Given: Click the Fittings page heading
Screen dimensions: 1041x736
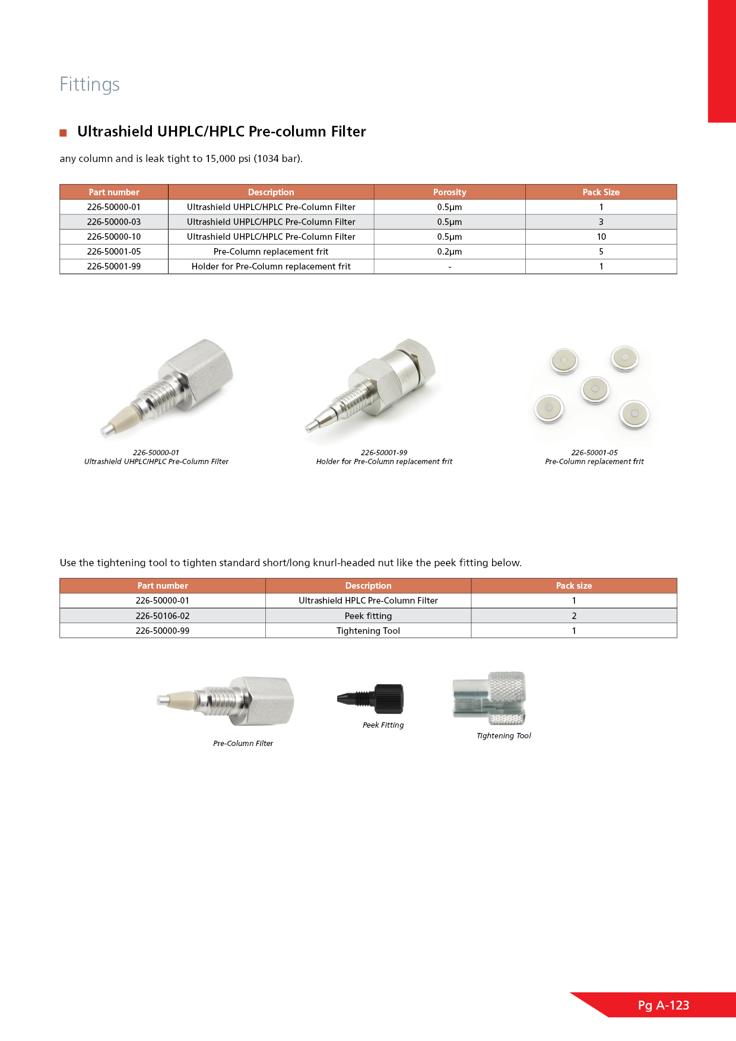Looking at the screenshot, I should pos(90,84).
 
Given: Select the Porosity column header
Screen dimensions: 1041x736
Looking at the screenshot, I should pos(449,192).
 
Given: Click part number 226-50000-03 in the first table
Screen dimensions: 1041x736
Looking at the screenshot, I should pos(114,222).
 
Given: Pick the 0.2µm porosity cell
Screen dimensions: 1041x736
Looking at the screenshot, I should pos(449,252).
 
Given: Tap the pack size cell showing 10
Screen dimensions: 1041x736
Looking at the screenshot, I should pos(601,237).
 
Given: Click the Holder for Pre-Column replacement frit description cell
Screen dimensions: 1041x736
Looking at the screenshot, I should pos(271,266).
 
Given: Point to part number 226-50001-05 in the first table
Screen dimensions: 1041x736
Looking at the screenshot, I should pos(114,252).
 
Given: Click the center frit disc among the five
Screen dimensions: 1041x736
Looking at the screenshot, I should pos(595,389).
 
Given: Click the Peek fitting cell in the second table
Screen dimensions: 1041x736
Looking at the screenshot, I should pos(368,616).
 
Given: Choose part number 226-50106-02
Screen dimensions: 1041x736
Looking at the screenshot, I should pos(163,616).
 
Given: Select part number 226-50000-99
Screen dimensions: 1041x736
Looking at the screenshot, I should pos(163,631).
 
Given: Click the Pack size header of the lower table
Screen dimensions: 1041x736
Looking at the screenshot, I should pos(573,586).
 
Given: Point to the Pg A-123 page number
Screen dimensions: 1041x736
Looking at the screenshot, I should pos(664,1005).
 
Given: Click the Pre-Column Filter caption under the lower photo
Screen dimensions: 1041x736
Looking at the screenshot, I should pos(243,744).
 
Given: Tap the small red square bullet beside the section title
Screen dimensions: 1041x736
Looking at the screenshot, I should pos(63,133).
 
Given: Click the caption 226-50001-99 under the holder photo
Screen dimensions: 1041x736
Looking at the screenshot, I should pos(384,452).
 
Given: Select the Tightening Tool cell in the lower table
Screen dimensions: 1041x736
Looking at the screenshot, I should pos(368,631).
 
